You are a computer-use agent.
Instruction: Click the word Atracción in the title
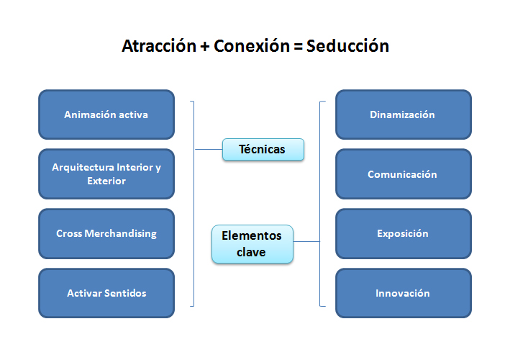pos(159,46)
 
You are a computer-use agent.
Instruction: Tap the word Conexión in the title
pos(252,46)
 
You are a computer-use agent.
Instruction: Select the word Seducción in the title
pos(347,46)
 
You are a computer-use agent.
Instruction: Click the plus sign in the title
pos(205,47)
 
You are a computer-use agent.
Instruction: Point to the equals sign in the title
pos(298,47)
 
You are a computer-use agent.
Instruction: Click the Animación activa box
pos(106,114)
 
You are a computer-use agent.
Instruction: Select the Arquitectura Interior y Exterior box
pos(106,174)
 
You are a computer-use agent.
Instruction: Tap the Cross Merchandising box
pos(106,234)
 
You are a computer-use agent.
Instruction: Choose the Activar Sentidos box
pos(106,293)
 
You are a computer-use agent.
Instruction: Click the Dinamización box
pos(404,114)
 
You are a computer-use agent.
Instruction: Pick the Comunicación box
pos(404,174)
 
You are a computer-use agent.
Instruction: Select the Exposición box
pos(404,234)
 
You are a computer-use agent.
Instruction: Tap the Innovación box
pos(404,293)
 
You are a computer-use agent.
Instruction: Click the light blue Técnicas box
pos(263,150)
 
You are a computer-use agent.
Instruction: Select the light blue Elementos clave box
pos(252,244)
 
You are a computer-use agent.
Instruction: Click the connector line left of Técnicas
pos(209,150)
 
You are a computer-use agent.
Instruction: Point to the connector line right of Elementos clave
pos(306,241)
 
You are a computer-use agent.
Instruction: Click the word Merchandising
pos(120,234)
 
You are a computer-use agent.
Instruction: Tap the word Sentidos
pos(125,293)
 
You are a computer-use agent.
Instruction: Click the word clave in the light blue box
pos(251,252)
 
